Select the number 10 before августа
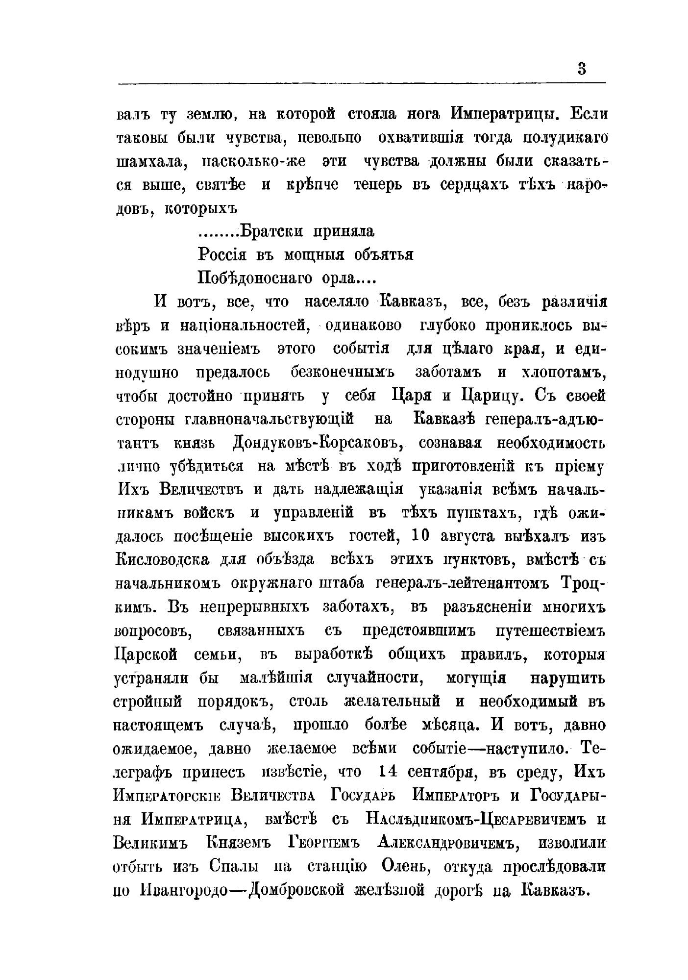pyautogui.click(x=421, y=535)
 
